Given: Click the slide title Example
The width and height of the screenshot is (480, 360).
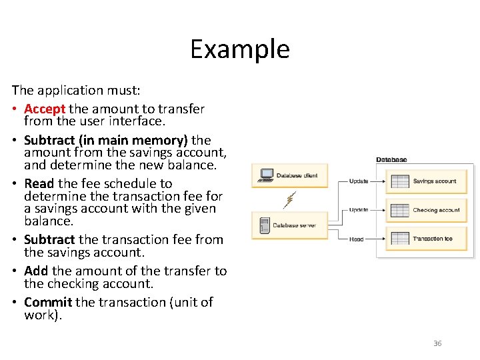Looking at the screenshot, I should (240, 49).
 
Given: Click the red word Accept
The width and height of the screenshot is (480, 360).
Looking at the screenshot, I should (45, 109).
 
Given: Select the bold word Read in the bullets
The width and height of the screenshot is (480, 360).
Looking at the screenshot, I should (39, 183).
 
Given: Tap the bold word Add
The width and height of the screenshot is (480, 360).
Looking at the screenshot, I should (36, 271).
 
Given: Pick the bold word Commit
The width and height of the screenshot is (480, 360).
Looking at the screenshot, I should (48, 302).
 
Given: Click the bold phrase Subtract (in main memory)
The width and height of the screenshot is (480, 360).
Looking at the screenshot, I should (106, 140).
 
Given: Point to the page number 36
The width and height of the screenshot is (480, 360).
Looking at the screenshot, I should (437, 343).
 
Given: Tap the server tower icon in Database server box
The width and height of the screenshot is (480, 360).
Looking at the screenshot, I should (264, 225).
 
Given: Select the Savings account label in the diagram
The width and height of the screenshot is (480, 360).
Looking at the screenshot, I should (434, 181).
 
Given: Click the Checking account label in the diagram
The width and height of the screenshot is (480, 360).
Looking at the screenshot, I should (436, 210).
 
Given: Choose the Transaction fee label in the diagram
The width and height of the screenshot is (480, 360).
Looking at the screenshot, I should (432, 239).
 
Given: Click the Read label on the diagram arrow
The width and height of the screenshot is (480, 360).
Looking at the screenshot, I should (357, 239).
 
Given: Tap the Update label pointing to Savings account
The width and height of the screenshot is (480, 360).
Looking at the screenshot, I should (359, 181).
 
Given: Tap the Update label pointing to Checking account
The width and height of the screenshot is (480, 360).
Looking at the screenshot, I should (359, 210).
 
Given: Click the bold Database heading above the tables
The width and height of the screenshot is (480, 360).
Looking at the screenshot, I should (391, 160).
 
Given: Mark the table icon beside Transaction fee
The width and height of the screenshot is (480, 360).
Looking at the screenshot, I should (400, 238).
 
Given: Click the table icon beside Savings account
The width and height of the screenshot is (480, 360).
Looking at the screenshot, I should (400, 181).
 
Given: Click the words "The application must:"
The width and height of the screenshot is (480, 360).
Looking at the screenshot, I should (57, 90).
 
